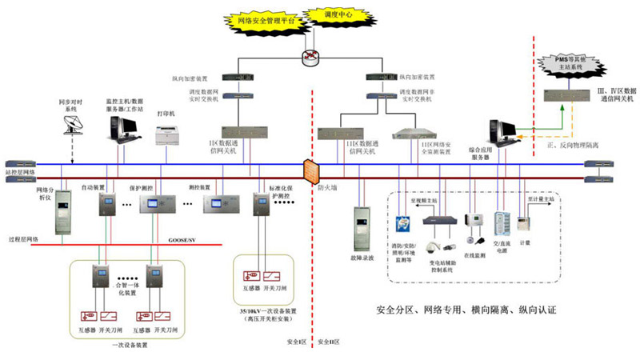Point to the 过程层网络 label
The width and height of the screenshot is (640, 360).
point(25,238)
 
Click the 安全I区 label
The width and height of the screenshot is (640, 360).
point(297,342)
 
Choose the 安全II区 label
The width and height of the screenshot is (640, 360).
point(330,342)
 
